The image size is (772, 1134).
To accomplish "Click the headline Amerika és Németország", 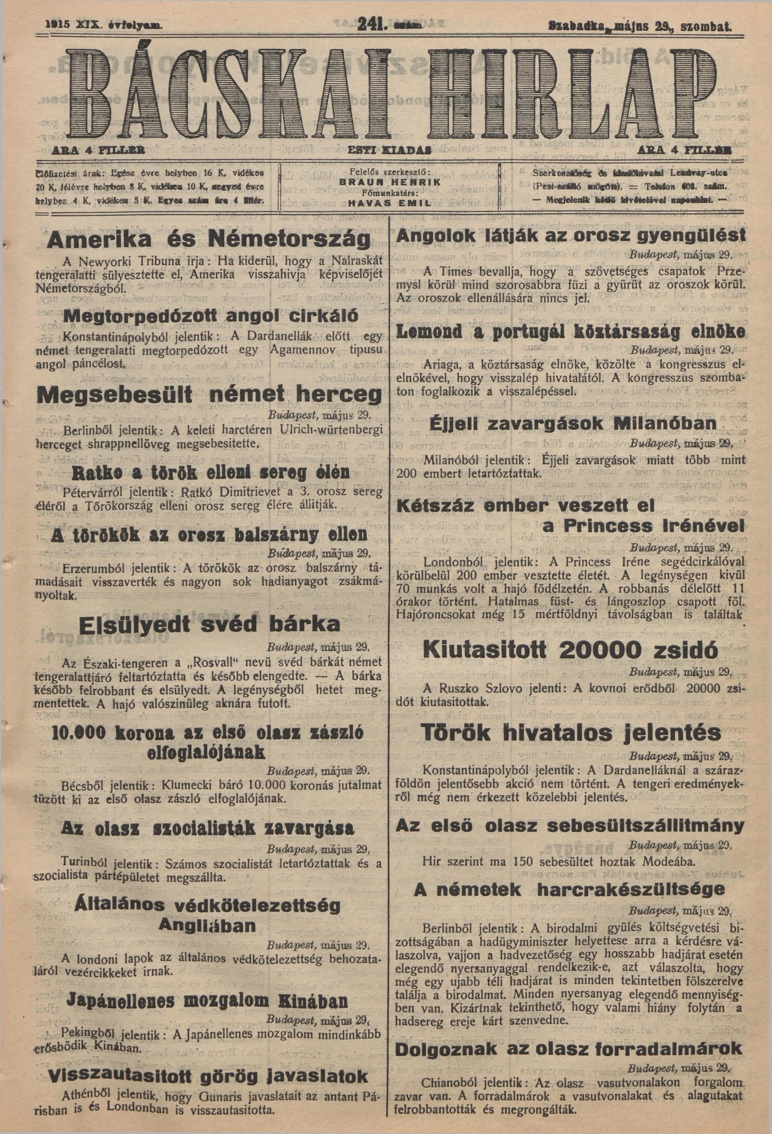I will (x=209, y=239).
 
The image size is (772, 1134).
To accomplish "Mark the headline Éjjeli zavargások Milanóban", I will (x=573, y=423).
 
